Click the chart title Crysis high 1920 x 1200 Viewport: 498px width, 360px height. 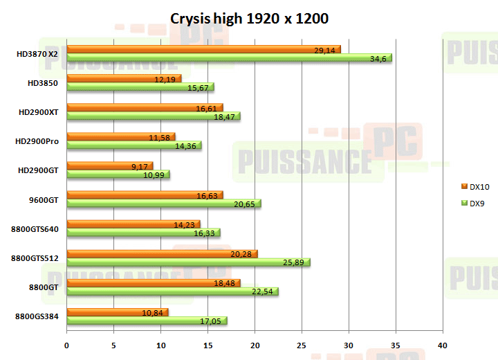[x=249, y=18]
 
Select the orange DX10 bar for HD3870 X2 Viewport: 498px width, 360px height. [x=203, y=50]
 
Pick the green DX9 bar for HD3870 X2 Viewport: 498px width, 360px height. [x=229, y=58]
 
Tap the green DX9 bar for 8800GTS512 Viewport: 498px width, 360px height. [x=188, y=262]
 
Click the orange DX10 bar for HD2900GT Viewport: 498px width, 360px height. [x=109, y=166]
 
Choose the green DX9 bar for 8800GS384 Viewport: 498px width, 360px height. [x=147, y=321]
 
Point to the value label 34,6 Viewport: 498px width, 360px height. [x=378, y=59]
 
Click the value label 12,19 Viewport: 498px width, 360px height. [x=165, y=80]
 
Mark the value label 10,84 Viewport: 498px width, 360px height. [x=153, y=313]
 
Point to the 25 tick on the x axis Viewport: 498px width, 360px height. [x=302, y=345]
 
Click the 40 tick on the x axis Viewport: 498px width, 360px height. [x=443, y=345]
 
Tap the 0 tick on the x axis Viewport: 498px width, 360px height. [x=67, y=345]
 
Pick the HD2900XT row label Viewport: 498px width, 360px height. [x=38, y=112]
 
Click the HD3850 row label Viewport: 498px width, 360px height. [x=43, y=83]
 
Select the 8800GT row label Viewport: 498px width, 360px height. [x=43, y=287]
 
